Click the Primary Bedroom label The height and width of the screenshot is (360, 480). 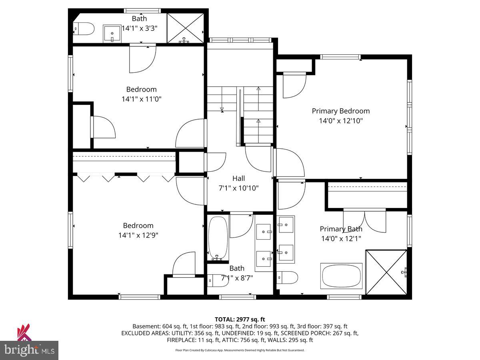(x=340, y=111)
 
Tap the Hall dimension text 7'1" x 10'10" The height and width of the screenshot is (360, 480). (x=239, y=188)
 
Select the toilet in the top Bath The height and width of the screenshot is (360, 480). (x=84, y=29)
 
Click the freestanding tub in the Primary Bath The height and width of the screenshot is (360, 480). (x=341, y=276)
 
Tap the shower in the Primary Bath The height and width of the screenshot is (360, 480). (x=386, y=272)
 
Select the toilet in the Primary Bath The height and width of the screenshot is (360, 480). (x=288, y=277)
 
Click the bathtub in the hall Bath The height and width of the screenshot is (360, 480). (x=218, y=238)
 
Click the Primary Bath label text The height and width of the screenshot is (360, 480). (x=341, y=229)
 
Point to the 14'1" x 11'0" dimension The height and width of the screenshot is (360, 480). (x=142, y=99)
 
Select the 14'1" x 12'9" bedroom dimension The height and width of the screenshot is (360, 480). (x=138, y=235)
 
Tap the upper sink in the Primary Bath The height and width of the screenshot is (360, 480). (x=286, y=224)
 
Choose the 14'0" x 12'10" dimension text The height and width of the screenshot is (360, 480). (x=341, y=120)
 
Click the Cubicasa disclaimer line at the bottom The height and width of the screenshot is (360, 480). (x=240, y=350)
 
